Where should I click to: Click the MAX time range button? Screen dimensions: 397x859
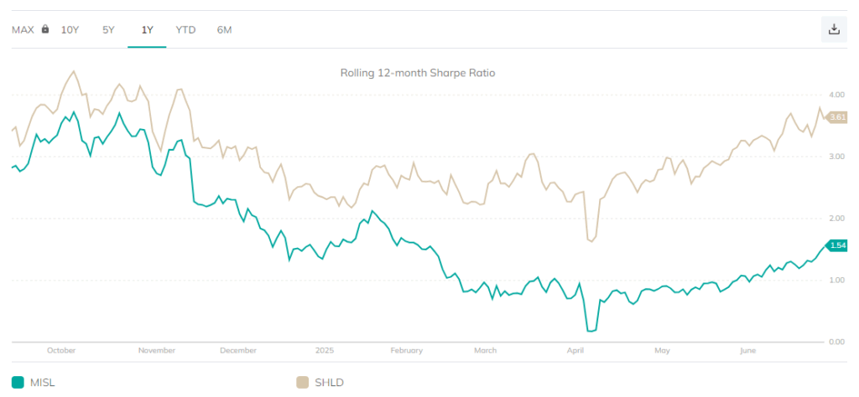coord(23,29)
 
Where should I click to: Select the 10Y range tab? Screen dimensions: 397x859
coord(70,29)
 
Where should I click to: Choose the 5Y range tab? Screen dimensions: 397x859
coord(108,29)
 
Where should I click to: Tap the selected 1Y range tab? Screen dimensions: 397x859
coord(147,29)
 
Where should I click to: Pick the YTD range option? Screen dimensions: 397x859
coord(185,29)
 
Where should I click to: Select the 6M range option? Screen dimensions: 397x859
coord(224,29)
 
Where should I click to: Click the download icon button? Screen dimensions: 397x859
coord(834,29)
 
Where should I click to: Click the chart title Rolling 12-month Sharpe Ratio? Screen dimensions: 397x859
coord(418,73)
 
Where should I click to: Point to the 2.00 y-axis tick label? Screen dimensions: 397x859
coord(836,218)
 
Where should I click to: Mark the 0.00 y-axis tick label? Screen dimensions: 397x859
coord(836,342)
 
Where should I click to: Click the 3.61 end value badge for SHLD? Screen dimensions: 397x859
coord(836,117)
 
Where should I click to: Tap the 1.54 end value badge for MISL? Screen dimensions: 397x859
coord(836,245)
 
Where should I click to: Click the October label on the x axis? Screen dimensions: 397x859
coord(61,350)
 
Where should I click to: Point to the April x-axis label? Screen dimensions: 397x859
coord(575,350)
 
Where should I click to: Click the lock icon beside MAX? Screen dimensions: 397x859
coord(45,29)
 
